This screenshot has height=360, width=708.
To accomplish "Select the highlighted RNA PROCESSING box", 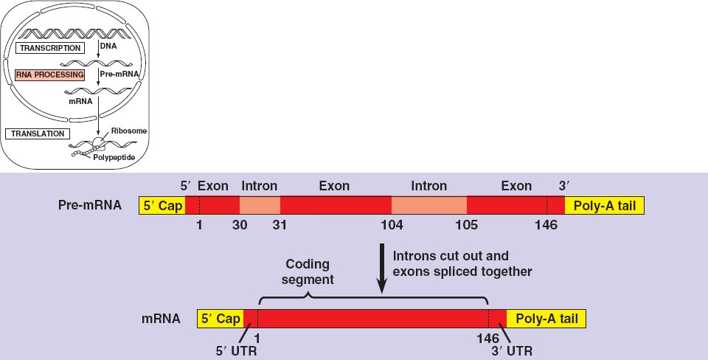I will click(49, 75).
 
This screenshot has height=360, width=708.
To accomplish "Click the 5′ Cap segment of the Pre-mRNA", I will click(162, 205).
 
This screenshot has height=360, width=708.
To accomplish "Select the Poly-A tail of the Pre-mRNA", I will click(604, 205).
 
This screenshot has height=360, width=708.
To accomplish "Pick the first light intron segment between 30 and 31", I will click(260, 205).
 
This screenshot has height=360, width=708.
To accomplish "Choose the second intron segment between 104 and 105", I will click(428, 205).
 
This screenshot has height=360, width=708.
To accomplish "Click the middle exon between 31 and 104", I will click(335, 205).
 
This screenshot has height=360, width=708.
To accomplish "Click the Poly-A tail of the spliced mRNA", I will click(546, 319).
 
